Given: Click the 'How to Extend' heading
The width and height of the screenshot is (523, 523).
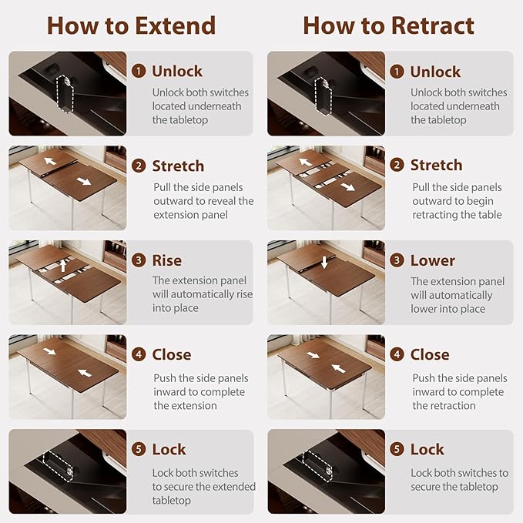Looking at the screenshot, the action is [x=132, y=25].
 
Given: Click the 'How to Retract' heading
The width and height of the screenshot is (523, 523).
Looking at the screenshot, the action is [x=388, y=25].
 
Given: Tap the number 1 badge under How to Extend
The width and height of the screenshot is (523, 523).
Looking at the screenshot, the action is [x=139, y=71].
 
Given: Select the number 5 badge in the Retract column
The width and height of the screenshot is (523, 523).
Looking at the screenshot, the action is [x=397, y=449].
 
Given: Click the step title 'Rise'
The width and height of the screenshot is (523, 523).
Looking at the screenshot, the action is [x=167, y=260].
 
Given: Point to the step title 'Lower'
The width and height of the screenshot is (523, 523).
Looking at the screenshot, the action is [x=433, y=260].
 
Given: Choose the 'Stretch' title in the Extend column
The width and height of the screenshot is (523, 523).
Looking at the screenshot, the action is [x=178, y=166].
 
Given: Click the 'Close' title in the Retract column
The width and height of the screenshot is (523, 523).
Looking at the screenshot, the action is [x=430, y=354].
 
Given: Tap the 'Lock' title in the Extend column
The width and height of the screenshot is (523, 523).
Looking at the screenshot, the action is [x=169, y=449].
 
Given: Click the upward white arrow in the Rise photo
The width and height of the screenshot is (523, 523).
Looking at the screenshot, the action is [x=63, y=266].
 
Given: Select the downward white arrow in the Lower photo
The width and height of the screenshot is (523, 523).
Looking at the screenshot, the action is [x=324, y=262].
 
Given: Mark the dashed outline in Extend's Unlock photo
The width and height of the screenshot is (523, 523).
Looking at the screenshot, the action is [x=65, y=94].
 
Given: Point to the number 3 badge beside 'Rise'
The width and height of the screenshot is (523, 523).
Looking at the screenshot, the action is [x=139, y=260].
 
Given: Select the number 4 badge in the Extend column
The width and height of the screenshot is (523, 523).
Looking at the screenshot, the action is [x=139, y=354].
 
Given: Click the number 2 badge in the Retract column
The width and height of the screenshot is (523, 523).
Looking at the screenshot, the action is [x=397, y=165].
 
